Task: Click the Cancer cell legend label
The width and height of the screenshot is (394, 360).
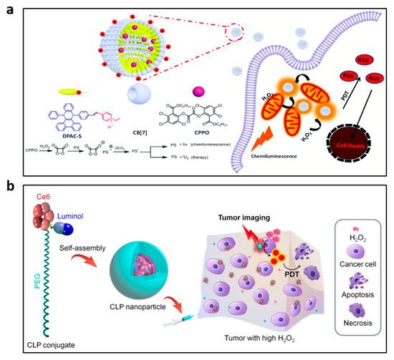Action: point(359,268)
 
